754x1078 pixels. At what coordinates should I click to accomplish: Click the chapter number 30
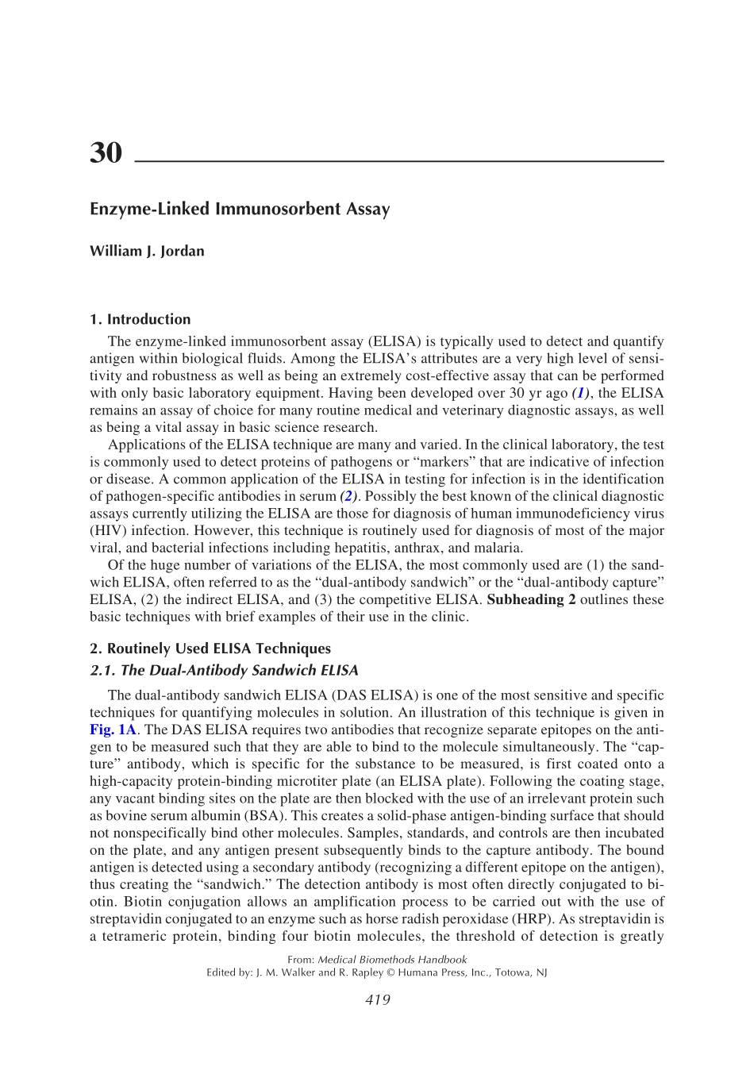pos(106,152)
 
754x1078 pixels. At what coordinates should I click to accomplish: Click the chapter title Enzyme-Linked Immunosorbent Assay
pos(240,210)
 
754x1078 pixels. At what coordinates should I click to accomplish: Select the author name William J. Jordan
pos(147,252)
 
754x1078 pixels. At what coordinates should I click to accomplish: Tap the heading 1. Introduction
pos(140,319)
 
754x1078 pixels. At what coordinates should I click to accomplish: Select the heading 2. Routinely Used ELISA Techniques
pos(210,649)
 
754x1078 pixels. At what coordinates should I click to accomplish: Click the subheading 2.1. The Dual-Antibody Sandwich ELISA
pos(224,671)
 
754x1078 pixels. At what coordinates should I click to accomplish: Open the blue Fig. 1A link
pos(113,730)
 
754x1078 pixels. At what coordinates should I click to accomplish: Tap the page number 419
pos(377,1000)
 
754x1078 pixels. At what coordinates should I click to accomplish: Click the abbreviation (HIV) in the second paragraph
pos(106,531)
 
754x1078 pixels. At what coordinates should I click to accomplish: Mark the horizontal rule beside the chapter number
pos(399,161)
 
